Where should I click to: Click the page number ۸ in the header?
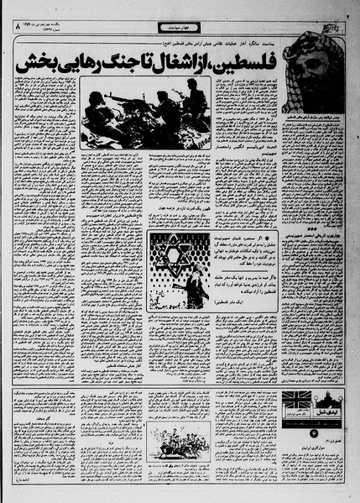coord(15,29)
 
